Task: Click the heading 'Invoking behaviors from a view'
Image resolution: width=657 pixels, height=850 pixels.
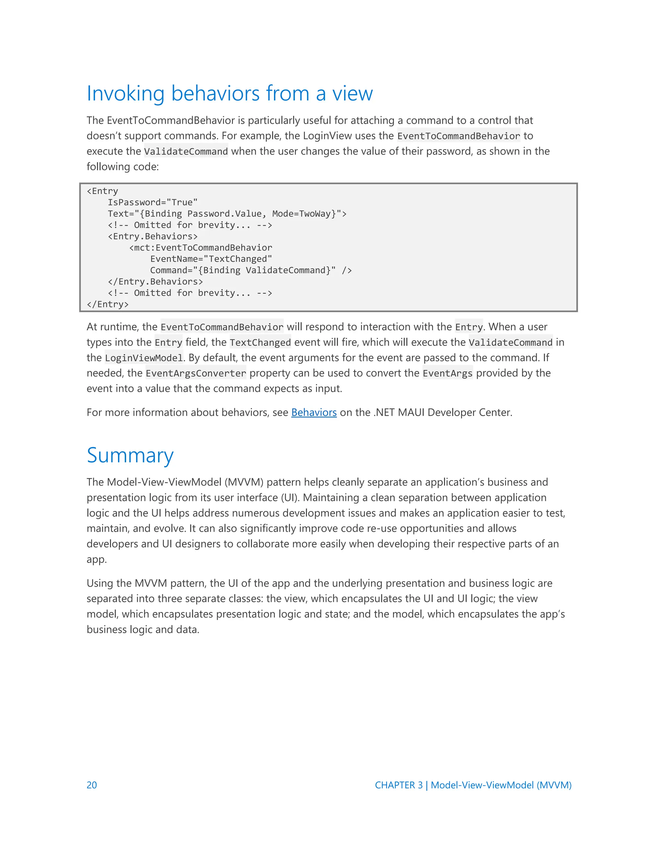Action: tap(230, 93)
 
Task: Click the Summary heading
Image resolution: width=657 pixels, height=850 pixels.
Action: tap(130, 455)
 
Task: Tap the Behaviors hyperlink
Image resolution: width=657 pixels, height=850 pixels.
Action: tap(314, 412)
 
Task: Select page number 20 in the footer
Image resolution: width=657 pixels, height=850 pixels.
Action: tap(92, 785)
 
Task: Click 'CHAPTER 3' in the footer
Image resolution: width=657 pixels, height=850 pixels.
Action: tap(398, 785)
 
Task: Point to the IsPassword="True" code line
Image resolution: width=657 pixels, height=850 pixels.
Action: tap(153, 202)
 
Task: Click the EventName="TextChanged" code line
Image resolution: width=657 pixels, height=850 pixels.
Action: tap(211, 259)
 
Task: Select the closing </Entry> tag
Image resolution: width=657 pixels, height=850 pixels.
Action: tap(107, 304)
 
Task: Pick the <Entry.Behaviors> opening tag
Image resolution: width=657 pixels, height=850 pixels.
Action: tap(153, 236)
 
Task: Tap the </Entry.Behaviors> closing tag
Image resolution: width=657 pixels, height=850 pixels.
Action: tap(155, 281)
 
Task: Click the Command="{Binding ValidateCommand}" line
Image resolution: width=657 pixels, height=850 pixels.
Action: tap(251, 270)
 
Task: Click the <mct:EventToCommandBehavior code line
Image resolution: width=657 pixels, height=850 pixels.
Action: tap(201, 248)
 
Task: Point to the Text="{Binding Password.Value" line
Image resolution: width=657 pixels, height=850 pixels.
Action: tap(227, 214)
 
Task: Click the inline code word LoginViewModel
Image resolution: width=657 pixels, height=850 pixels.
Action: tap(144, 358)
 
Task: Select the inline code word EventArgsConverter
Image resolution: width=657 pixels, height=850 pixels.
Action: tap(196, 373)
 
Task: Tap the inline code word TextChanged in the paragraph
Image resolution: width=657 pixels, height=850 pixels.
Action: tap(260, 343)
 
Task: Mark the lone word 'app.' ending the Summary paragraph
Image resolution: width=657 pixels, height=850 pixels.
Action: tap(97, 560)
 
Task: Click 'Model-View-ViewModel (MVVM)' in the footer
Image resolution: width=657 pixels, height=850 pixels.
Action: tap(501, 785)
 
